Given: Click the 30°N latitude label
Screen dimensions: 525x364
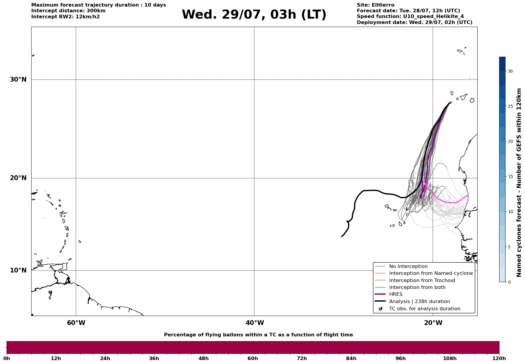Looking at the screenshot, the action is point(18,80).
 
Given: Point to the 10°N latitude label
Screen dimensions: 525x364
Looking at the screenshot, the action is point(18,270).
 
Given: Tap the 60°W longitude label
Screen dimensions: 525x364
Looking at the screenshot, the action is point(76,323).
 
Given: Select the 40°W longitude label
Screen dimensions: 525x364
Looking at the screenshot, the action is point(255,323).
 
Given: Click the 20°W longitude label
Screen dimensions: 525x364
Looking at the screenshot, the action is point(433,323).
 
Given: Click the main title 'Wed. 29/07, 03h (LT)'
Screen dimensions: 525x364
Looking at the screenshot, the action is point(254,15).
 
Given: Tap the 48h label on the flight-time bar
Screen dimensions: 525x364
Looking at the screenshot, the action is point(203,359).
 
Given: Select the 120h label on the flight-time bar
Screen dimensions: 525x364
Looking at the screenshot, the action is point(499,359).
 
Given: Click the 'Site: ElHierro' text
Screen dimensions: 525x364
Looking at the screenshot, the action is point(375,5).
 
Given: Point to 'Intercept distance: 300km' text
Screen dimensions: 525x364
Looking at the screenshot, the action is point(68,11).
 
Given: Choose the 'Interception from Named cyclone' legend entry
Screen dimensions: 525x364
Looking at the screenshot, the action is point(431,273).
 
